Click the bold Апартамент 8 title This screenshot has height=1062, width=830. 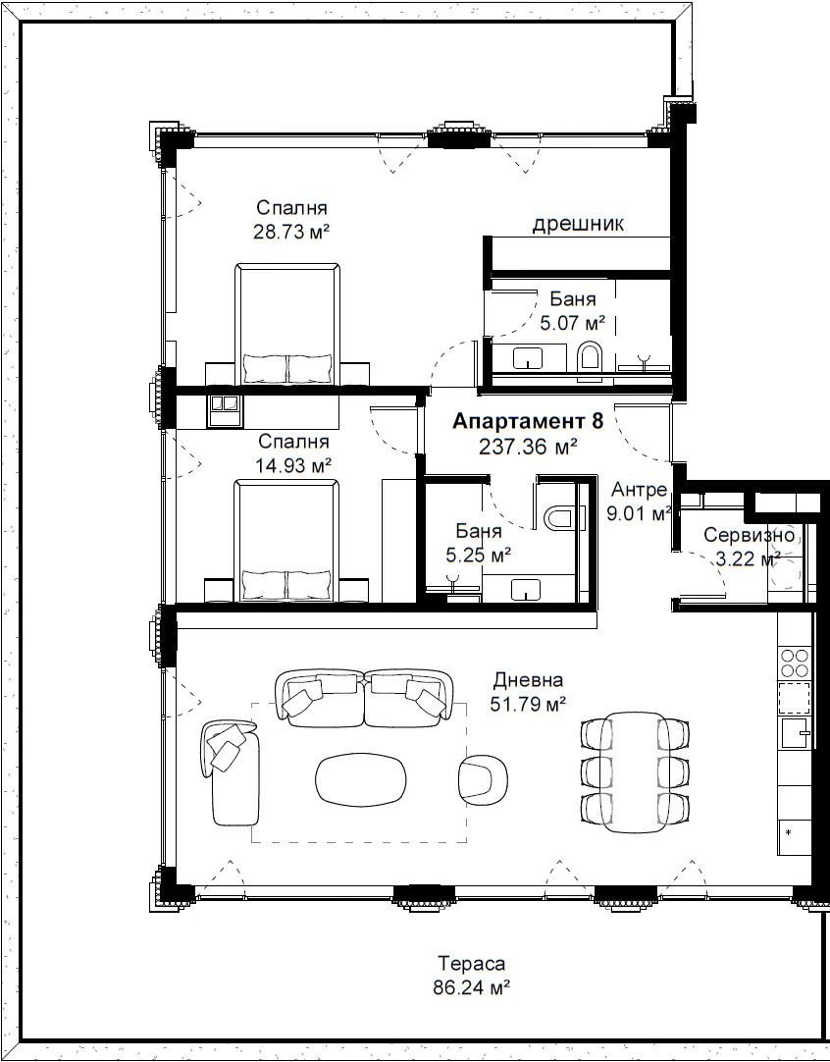[x=528, y=421]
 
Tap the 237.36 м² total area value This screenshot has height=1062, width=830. [x=528, y=447]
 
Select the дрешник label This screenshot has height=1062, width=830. [x=578, y=224]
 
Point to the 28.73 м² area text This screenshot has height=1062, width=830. [x=291, y=232]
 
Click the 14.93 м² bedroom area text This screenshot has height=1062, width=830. [x=293, y=465]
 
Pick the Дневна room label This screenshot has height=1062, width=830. [x=528, y=679]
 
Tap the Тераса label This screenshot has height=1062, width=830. [x=471, y=963]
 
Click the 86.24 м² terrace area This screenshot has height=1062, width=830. [x=471, y=987]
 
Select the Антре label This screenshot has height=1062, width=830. [x=639, y=489]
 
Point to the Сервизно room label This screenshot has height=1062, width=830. [x=749, y=535]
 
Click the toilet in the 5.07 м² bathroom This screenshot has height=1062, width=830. [x=590, y=357]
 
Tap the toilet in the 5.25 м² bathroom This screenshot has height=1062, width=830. [x=558, y=518]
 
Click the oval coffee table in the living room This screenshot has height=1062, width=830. [x=361, y=779]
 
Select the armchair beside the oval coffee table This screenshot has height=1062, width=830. [x=483, y=778]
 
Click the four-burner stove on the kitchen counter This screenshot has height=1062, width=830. [x=795, y=664]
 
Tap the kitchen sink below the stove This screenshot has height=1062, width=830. [x=796, y=733]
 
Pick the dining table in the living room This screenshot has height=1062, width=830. [x=635, y=772]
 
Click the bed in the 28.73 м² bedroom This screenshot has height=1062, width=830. [x=287, y=325]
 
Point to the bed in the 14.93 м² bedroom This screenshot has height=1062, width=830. [x=286, y=541]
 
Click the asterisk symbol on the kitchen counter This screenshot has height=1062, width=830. [x=788, y=831]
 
